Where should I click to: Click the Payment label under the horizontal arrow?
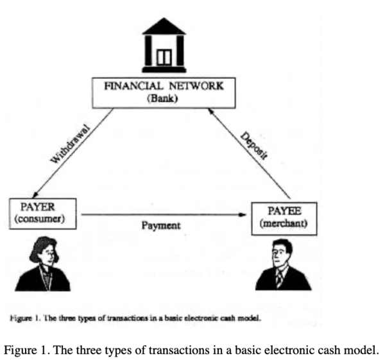162,226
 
